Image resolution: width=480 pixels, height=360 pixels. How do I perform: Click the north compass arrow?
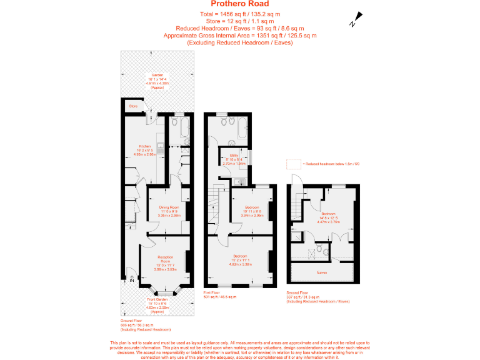point(356,19)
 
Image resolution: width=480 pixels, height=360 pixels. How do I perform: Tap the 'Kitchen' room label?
point(146,146)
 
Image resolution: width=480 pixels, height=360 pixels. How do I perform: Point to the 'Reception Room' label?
point(165,259)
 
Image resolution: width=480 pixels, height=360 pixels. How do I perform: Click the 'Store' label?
point(133,107)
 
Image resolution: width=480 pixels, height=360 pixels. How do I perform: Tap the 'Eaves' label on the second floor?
point(322,272)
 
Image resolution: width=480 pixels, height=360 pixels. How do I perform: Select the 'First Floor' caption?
point(212,292)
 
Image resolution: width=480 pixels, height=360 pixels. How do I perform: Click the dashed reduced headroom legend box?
point(292,164)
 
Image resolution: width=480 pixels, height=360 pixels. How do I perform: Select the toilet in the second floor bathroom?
point(319,249)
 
